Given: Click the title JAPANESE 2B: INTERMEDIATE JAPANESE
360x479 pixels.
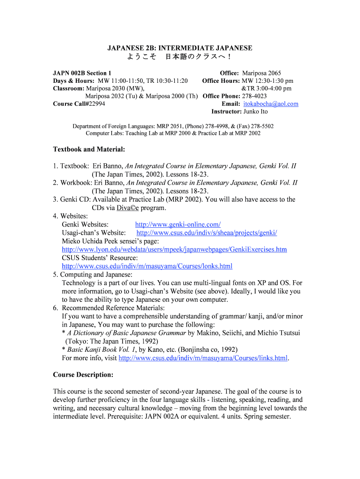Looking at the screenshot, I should tap(180, 48).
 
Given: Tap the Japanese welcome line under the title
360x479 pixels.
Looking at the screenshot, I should tap(180, 57).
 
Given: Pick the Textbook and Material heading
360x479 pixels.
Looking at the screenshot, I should tap(89, 150).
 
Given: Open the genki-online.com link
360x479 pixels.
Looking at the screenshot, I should tap(178, 225).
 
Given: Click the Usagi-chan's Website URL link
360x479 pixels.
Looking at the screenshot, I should tap(207, 233).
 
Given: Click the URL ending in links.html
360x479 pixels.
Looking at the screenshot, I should tap(203, 358).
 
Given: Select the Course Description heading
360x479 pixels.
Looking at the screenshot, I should tap(83, 375).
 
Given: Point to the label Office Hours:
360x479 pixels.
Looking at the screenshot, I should tap(221, 81).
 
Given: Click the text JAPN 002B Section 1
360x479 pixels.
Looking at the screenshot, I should tap(82, 73).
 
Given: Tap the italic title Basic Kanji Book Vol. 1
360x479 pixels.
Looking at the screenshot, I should tap(102, 350).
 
